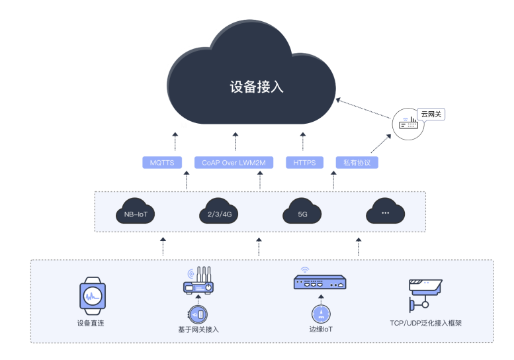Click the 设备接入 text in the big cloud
click(x=256, y=87)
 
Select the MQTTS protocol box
click(x=162, y=162)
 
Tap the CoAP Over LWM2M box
click(x=234, y=162)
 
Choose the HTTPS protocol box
click(x=304, y=162)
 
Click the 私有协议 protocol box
click(x=357, y=162)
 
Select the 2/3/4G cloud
click(x=218, y=212)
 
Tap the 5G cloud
click(x=303, y=212)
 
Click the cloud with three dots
click(x=385, y=212)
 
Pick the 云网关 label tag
click(x=431, y=114)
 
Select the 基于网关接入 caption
click(x=198, y=329)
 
